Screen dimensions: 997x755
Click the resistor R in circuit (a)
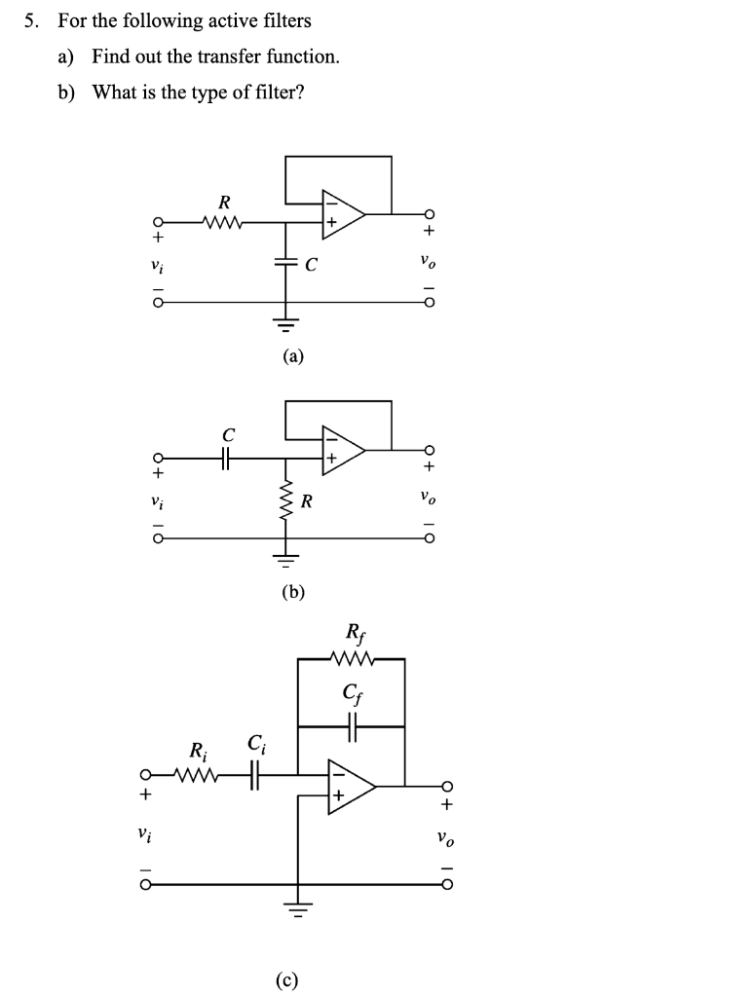click(223, 223)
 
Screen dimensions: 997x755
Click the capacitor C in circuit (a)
click(285, 264)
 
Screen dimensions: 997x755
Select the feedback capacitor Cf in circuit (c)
click(351, 725)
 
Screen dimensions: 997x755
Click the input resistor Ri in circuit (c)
click(199, 776)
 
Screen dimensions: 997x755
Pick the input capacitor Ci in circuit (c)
click(254, 776)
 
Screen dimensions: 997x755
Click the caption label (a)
click(293, 357)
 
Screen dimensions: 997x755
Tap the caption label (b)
click(293, 590)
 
